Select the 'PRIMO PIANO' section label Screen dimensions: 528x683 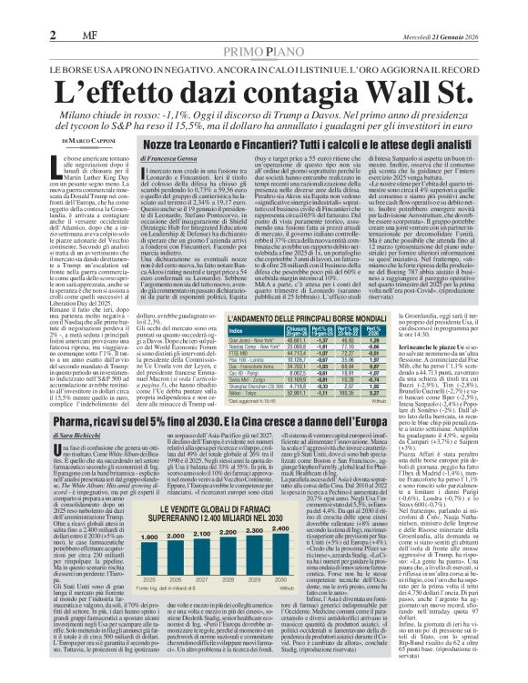[x=263, y=27]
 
